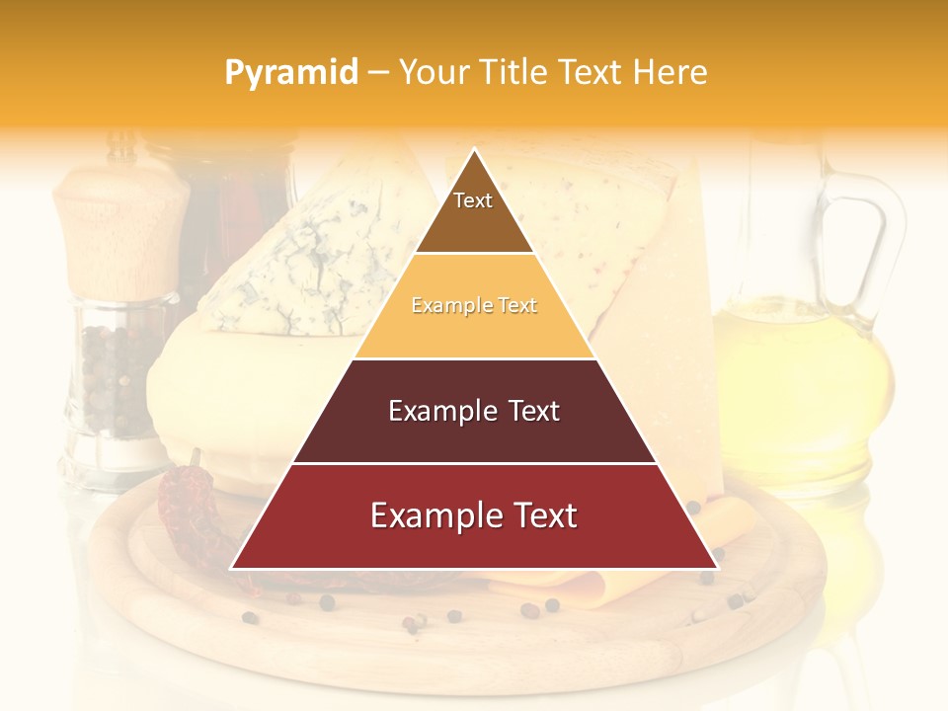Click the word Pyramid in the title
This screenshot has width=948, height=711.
coord(290,72)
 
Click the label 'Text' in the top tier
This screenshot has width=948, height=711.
coord(473,200)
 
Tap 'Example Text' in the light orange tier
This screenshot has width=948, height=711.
coord(474,306)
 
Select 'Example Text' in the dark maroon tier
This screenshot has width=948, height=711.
coord(474,411)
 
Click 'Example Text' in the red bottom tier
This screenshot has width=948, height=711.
coord(474,515)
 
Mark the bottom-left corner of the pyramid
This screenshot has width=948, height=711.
coord(231,569)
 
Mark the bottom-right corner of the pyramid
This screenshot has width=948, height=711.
coord(718,569)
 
